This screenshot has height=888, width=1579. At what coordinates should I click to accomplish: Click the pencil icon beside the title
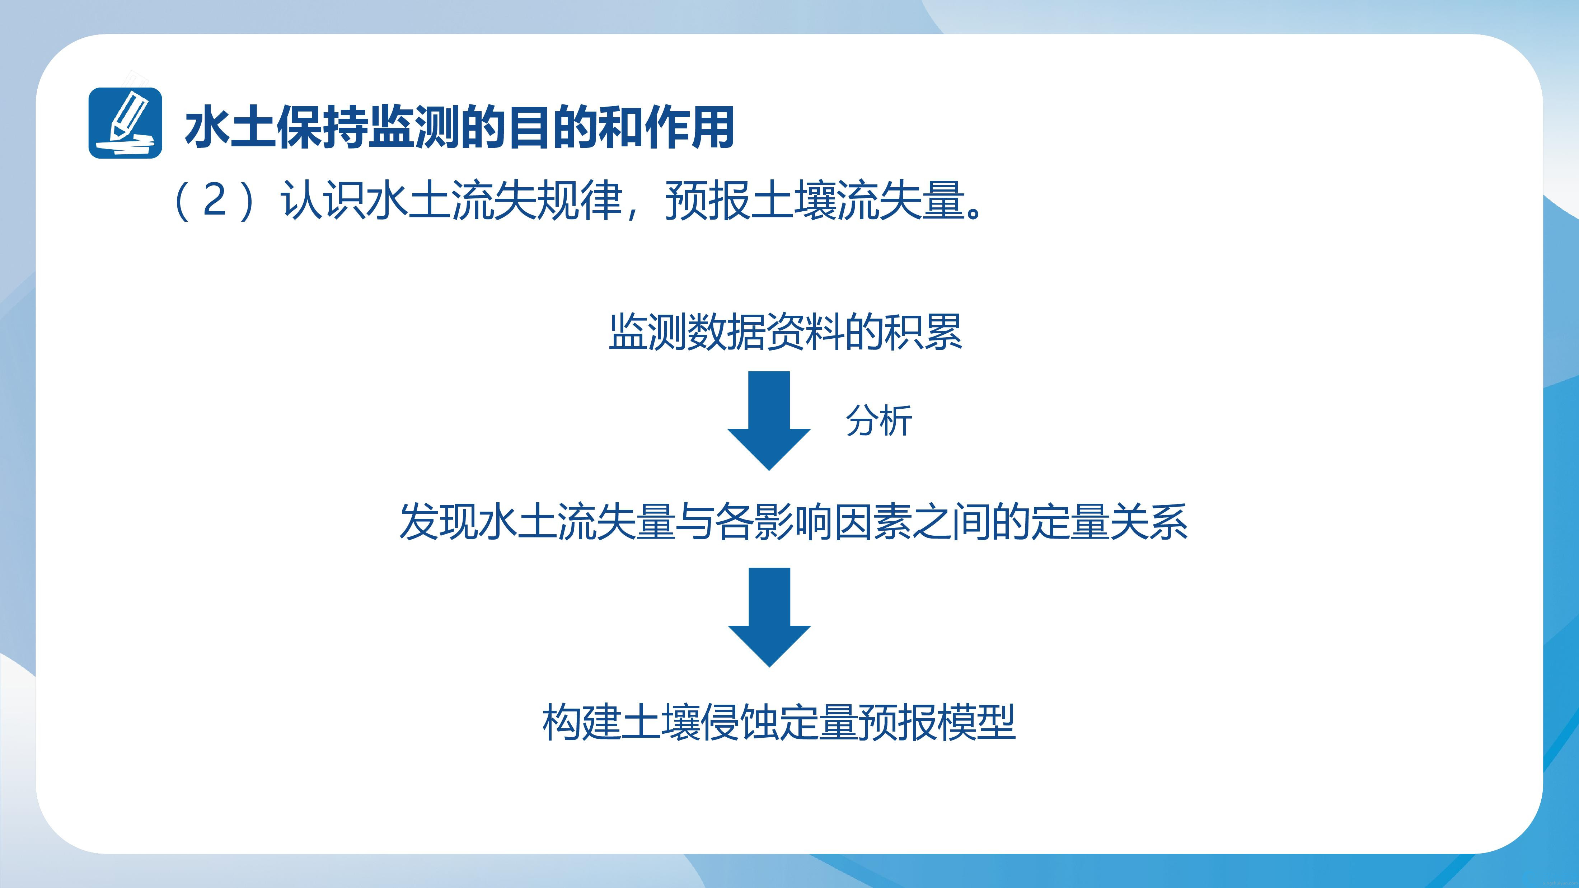125,123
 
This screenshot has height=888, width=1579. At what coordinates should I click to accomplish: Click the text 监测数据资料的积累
785,332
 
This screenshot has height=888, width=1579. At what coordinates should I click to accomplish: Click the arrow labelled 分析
769,420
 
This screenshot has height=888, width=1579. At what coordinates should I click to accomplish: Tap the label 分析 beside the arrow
879,421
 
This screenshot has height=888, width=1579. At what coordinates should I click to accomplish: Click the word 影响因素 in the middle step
834,522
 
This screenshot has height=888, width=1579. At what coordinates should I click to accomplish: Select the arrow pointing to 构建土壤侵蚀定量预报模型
769,617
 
